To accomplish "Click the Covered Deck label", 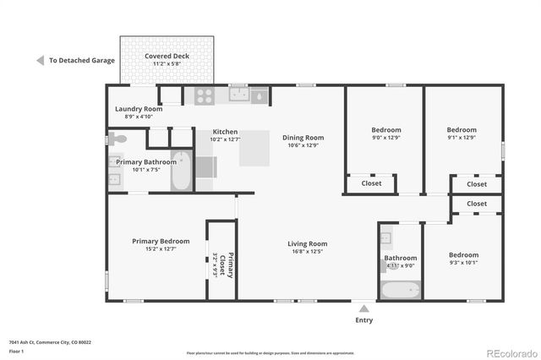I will [166, 56].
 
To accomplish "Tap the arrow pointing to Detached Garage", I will [40, 61].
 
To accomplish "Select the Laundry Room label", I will [139, 109].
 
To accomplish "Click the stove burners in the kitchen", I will [204, 96].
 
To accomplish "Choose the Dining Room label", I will [303, 138].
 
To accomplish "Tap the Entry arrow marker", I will [363, 309].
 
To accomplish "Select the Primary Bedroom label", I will [161, 241].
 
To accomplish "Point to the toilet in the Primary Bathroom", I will [118, 139].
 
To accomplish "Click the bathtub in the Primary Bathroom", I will [181, 172].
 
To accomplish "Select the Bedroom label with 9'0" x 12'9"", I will [386, 130].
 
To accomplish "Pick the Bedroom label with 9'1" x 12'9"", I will [462, 130].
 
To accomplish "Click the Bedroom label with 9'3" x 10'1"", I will [463, 255].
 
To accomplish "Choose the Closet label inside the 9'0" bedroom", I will [371, 183].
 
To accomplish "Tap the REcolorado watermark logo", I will [511, 352].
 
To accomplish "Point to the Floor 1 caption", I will [18, 351].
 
